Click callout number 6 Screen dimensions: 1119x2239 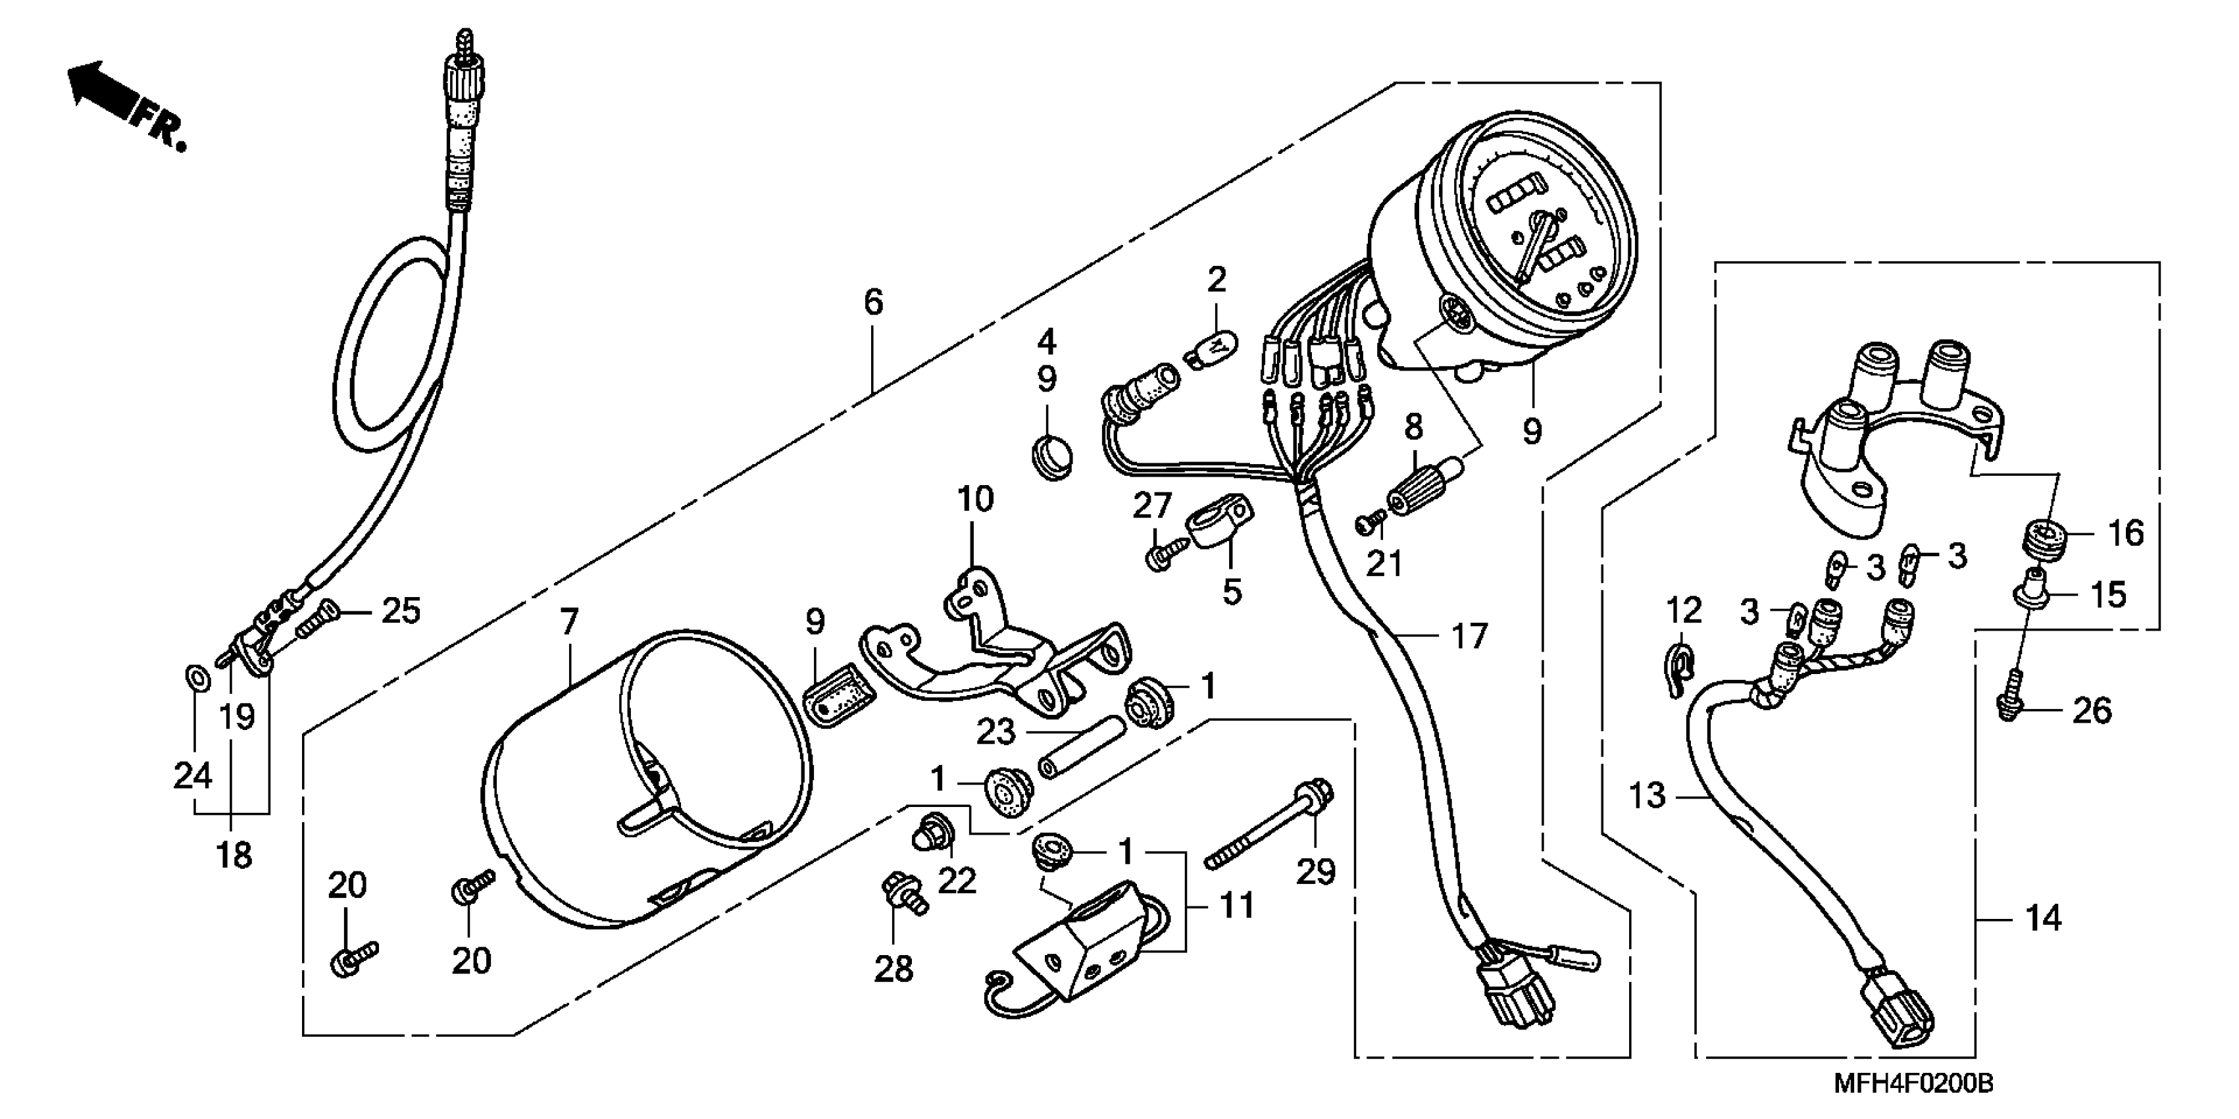[872, 301]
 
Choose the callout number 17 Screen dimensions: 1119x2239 [1469, 637]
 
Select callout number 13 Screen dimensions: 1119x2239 [1646, 794]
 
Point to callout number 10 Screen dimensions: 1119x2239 [975, 499]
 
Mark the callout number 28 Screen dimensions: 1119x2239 [893, 968]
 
